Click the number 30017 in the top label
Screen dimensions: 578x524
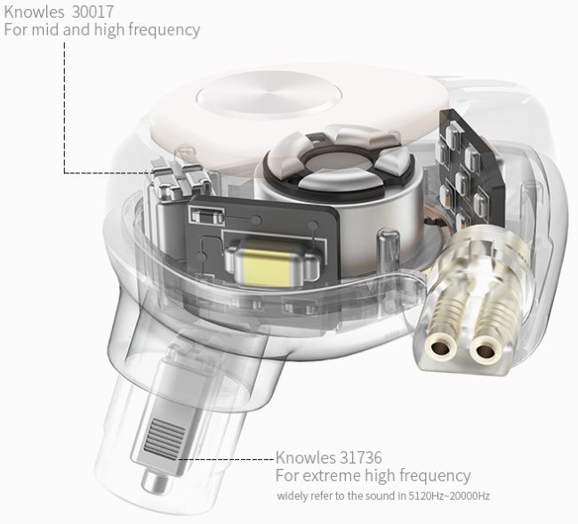pos(92,12)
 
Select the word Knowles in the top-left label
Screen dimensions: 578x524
pos(34,12)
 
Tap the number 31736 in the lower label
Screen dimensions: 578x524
pos(360,457)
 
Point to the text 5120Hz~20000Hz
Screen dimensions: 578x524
pos(449,496)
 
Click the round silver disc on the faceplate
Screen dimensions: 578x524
pos(269,95)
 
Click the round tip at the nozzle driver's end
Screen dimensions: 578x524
pos(156,483)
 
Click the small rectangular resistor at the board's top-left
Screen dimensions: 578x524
pos(206,215)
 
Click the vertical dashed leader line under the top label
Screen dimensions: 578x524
pos(65,107)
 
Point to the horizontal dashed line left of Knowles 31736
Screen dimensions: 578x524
pos(226,459)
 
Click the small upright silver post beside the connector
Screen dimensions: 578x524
pos(388,251)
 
